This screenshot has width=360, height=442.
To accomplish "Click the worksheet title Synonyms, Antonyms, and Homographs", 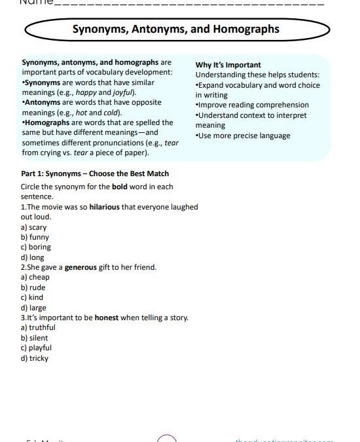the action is click(x=175, y=29).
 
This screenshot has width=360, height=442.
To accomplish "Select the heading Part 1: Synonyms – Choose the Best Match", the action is click(x=95, y=174).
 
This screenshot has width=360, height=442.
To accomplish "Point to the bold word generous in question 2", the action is click(x=81, y=267).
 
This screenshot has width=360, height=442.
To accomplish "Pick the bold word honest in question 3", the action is click(x=107, y=318).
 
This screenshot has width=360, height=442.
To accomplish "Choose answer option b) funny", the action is click(x=35, y=237).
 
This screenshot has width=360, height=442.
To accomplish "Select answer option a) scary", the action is click(x=34, y=227).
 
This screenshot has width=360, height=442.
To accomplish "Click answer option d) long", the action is click(x=33, y=257).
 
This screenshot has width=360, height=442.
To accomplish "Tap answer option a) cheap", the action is click(x=35, y=277).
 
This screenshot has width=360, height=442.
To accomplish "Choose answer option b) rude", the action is click(x=33, y=287).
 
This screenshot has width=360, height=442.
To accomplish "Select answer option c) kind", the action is click(x=32, y=297).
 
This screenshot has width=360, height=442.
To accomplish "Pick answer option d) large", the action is click(x=34, y=308).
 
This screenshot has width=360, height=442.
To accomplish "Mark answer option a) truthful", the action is click(x=38, y=327).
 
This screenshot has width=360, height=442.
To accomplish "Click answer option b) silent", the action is click(x=35, y=338).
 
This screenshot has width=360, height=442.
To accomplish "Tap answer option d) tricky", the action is click(x=35, y=358).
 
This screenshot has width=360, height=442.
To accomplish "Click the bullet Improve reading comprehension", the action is click(x=252, y=105).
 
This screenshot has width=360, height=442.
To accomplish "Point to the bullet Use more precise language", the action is click(x=243, y=136).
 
